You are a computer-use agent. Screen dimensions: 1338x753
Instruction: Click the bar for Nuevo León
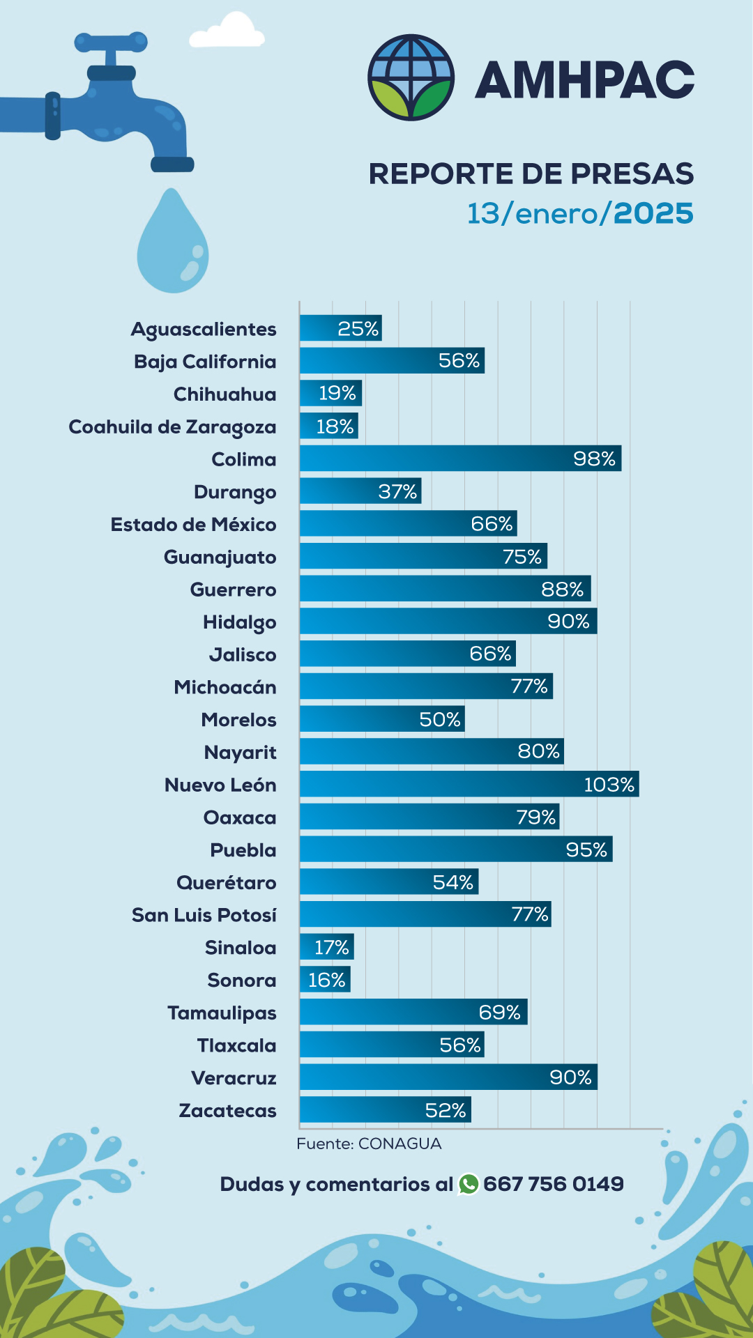click(x=469, y=784)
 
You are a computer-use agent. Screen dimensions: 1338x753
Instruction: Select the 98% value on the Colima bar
click(x=594, y=459)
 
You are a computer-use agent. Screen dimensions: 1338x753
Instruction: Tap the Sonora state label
click(x=241, y=981)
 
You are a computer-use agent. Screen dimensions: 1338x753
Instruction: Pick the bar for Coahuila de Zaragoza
click(x=328, y=426)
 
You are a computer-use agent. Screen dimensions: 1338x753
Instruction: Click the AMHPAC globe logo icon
click(x=411, y=77)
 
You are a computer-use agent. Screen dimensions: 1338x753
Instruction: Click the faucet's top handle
click(x=112, y=42)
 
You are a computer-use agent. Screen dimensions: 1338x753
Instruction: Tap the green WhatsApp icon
click(x=469, y=1184)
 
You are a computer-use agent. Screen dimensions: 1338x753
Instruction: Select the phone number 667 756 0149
click(x=554, y=1184)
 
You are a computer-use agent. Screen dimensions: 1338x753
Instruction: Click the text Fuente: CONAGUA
click(x=369, y=1144)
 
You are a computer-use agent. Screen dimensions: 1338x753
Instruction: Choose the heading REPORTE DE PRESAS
click(x=531, y=174)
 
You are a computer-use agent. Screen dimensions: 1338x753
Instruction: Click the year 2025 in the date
click(x=653, y=213)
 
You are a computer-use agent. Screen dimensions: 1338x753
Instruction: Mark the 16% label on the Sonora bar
click(x=326, y=981)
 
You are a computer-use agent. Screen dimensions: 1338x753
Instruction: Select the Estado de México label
click(x=193, y=525)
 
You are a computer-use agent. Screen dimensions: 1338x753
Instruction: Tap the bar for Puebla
click(x=455, y=849)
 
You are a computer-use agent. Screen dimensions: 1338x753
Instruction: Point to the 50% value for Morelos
click(x=440, y=719)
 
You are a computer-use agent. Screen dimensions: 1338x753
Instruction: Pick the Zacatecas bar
click(x=385, y=1109)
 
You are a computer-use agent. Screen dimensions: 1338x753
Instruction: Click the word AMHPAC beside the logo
click(x=584, y=79)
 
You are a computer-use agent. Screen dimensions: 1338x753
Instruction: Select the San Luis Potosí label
click(x=204, y=915)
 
